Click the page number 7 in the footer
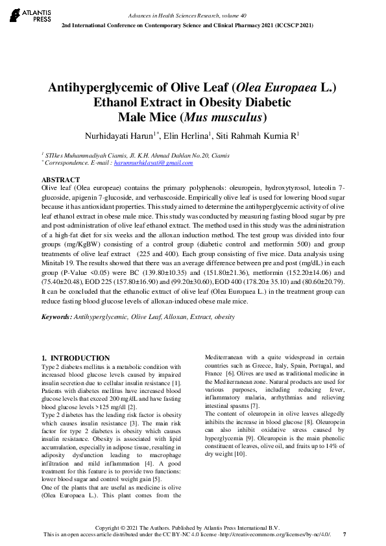[x=344, y=534]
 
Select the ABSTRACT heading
[x=61, y=179]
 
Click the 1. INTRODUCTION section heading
[x=75, y=358]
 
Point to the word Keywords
[x=56, y=316]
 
